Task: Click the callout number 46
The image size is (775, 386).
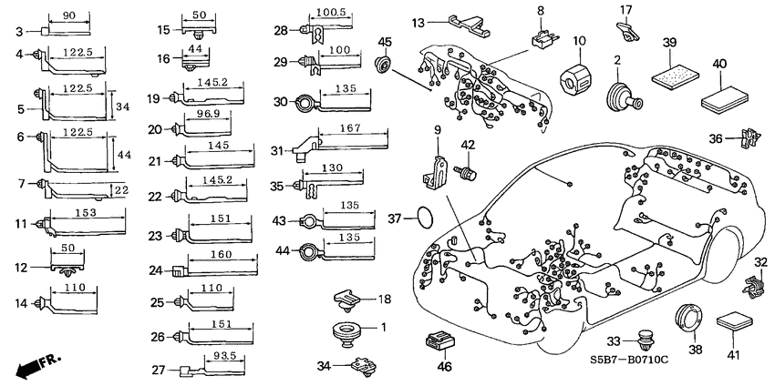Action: (444, 368)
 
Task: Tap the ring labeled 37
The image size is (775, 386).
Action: (425, 218)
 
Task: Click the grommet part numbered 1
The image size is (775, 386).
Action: (347, 330)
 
